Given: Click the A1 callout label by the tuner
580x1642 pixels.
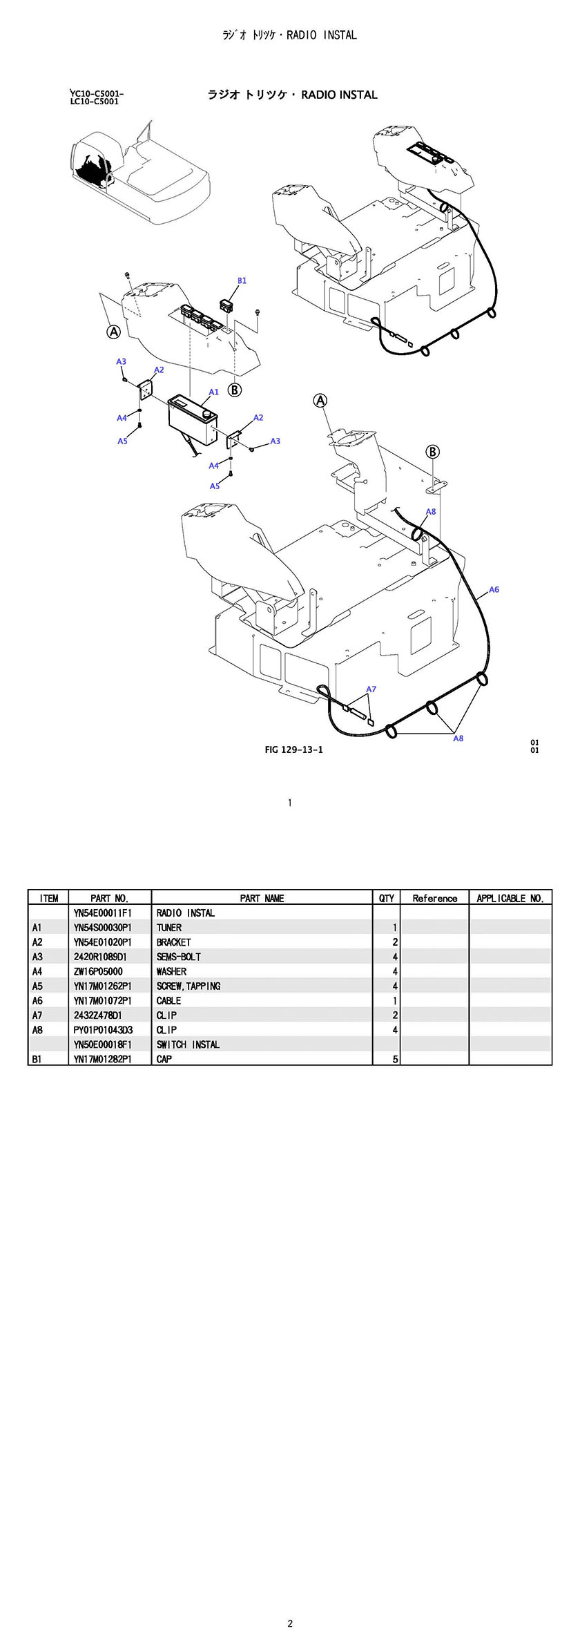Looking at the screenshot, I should point(214,392).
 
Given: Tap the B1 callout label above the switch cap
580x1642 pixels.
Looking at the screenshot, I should point(242,280).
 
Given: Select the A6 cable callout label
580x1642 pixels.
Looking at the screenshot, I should point(494,589).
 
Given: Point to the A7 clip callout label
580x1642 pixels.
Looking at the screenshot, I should point(371,689).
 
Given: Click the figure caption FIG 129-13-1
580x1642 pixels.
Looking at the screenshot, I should point(293,750).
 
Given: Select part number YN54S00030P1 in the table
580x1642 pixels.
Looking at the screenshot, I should point(102,928).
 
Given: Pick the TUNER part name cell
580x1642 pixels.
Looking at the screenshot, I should point(169,928).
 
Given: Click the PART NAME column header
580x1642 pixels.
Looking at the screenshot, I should point(262,898).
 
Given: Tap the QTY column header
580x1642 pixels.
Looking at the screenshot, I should point(387,898).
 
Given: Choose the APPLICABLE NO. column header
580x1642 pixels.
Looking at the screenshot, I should point(510,898).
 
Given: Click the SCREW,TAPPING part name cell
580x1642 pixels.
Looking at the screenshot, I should point(188,986).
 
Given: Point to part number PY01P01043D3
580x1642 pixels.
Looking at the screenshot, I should point(103,1030).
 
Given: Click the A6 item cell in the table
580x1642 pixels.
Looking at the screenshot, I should point(37,1000).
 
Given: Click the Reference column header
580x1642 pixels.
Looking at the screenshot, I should point(434,898).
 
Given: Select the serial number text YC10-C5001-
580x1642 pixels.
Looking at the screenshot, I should point(97,93).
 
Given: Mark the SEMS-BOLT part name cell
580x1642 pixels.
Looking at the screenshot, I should point(179,957).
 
